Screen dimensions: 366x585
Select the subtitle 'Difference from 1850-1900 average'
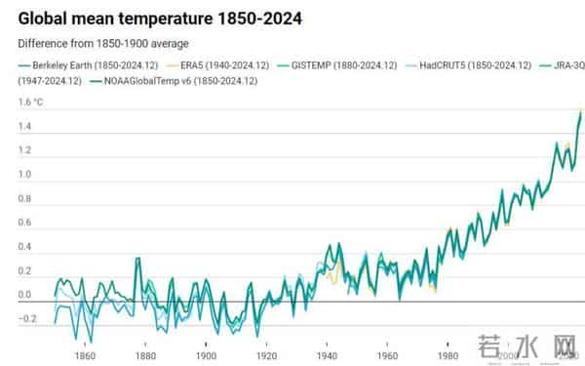click(102, 44)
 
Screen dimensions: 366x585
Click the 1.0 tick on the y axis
click(25, 175)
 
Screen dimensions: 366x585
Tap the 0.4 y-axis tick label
click(25, 246)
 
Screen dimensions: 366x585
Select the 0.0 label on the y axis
click(25, 295)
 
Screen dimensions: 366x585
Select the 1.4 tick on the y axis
click(25, 127)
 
